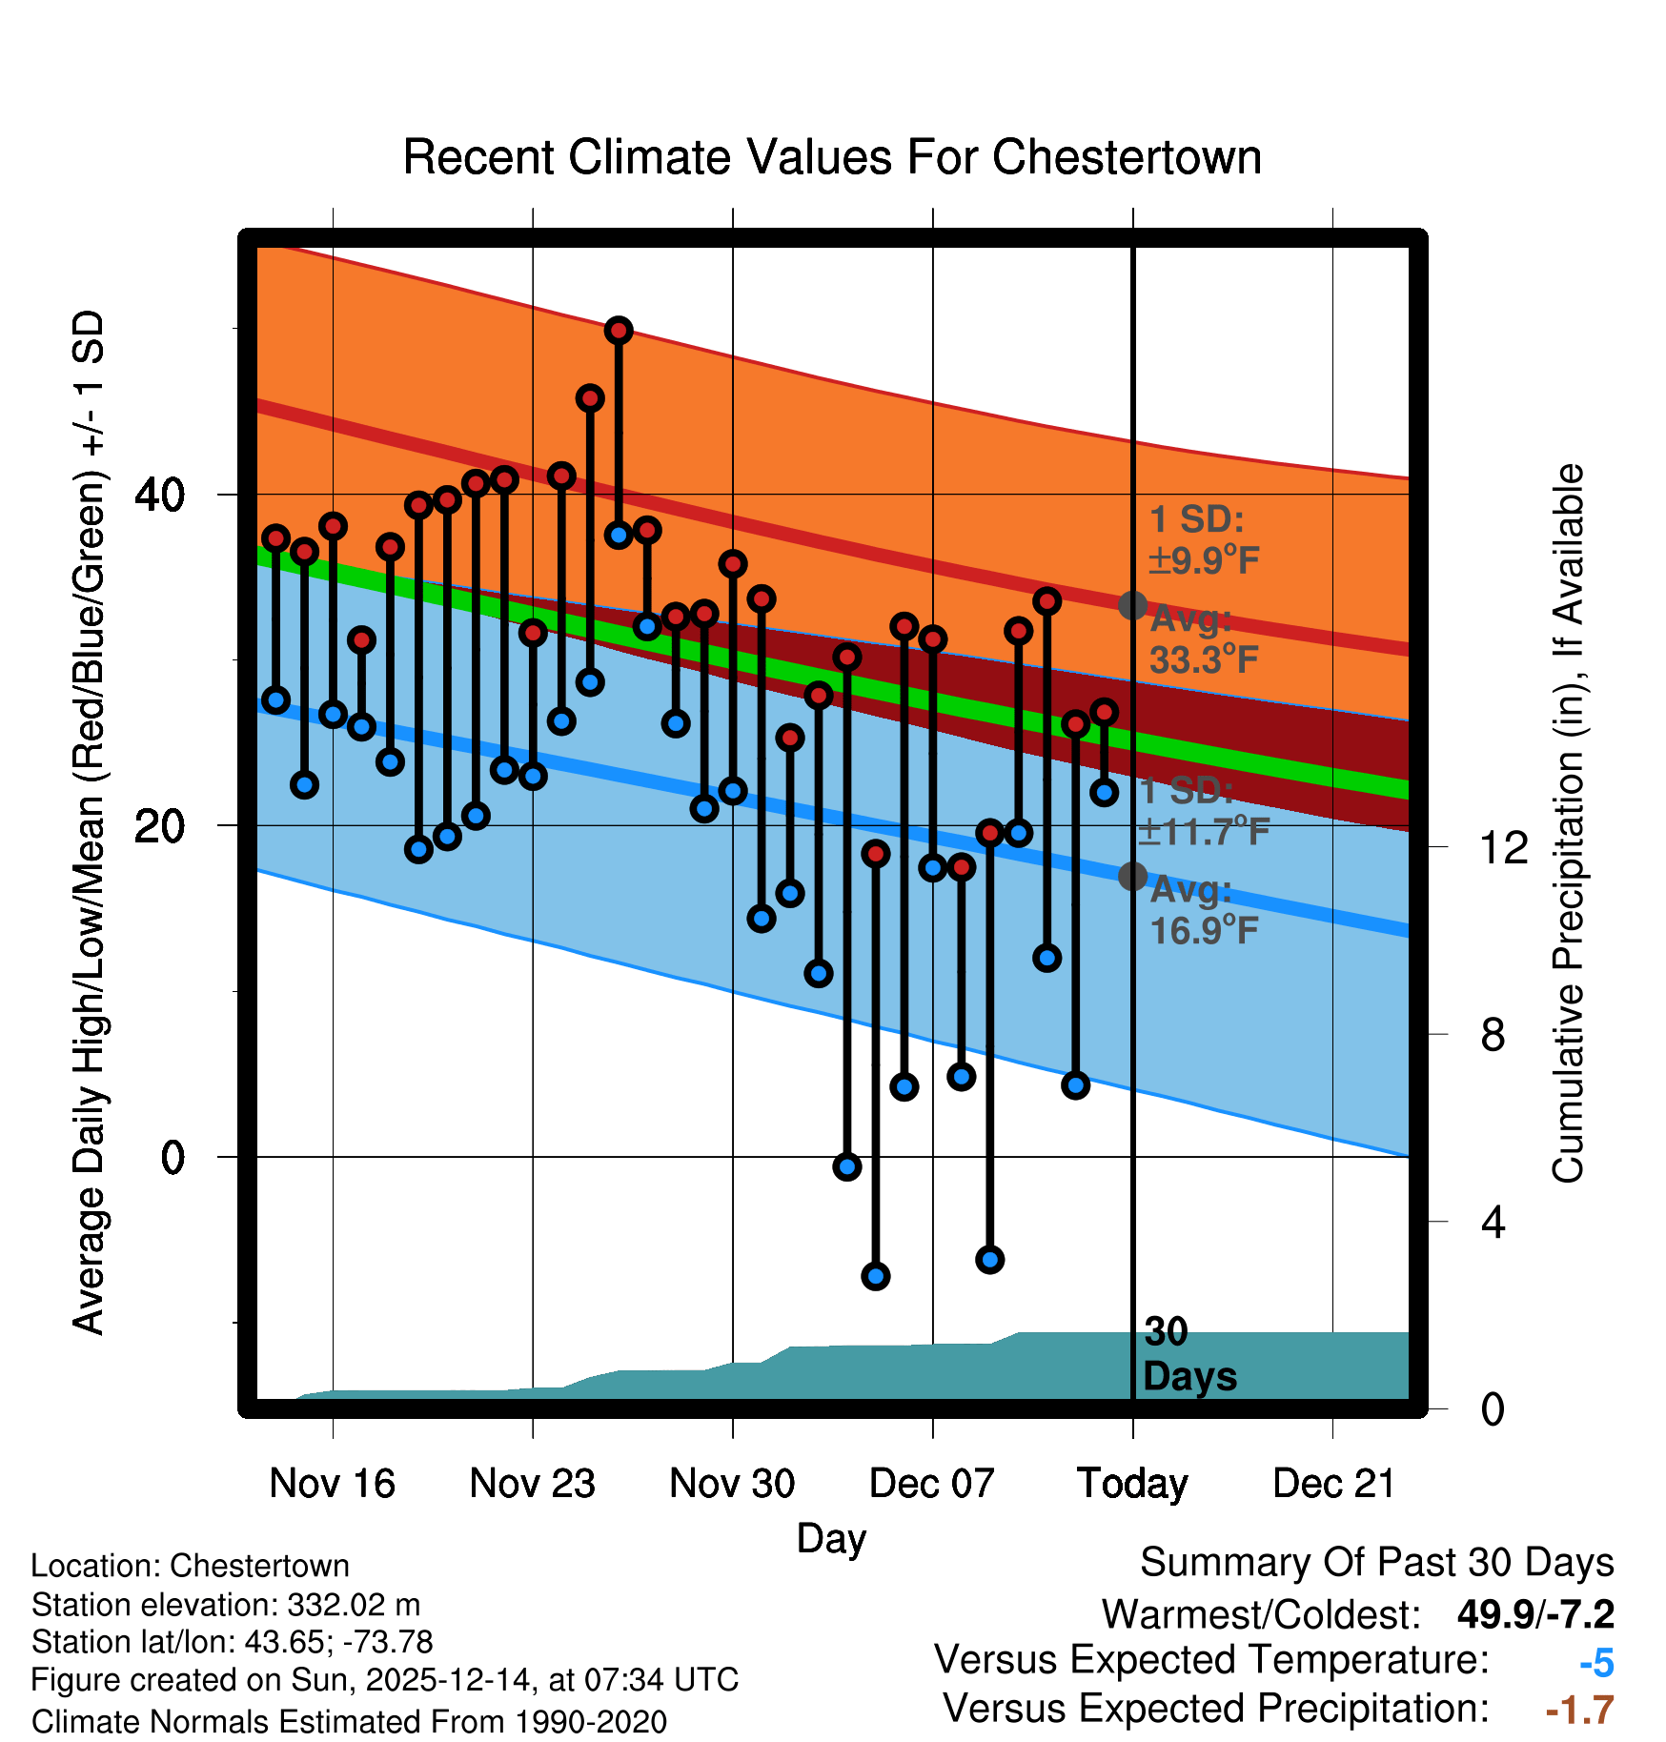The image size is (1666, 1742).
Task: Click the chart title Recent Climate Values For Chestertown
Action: point(832,157)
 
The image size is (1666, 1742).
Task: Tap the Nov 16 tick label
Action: point(332,1484)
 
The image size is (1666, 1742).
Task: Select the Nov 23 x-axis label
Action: point(532,1484)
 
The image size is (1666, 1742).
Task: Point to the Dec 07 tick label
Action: point(932,1484)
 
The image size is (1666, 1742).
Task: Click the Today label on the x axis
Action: point(1132,1484)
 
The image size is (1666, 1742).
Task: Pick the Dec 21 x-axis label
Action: point(1333,1484)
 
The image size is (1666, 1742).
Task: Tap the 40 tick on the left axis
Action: point(160,495)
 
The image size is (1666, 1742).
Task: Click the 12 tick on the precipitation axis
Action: point(1503,847)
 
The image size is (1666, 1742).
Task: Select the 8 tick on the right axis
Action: point(1493,1034)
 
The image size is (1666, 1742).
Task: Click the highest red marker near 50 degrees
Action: point(619,331)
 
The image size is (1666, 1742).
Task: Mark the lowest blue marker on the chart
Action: point(876,1276)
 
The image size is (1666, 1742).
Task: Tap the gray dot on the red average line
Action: point(1132,605)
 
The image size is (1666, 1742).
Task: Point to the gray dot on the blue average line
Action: point(1132,876)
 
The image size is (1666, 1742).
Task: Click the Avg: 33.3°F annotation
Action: point(1203,639)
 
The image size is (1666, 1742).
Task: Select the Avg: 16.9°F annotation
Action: point(1203,910)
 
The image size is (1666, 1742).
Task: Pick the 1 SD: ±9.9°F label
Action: point(1203,540)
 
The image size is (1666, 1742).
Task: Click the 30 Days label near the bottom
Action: point(1189,1354)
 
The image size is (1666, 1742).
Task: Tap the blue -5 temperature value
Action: point(1595,1664)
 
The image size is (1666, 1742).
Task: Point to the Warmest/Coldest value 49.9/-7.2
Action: point(1535,1615)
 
